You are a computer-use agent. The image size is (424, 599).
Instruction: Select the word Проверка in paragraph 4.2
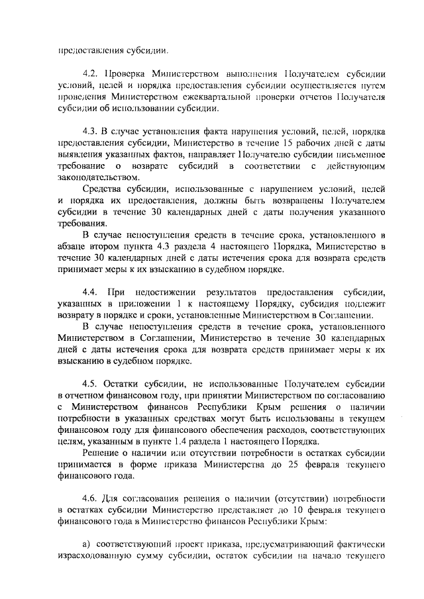(124, 74)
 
